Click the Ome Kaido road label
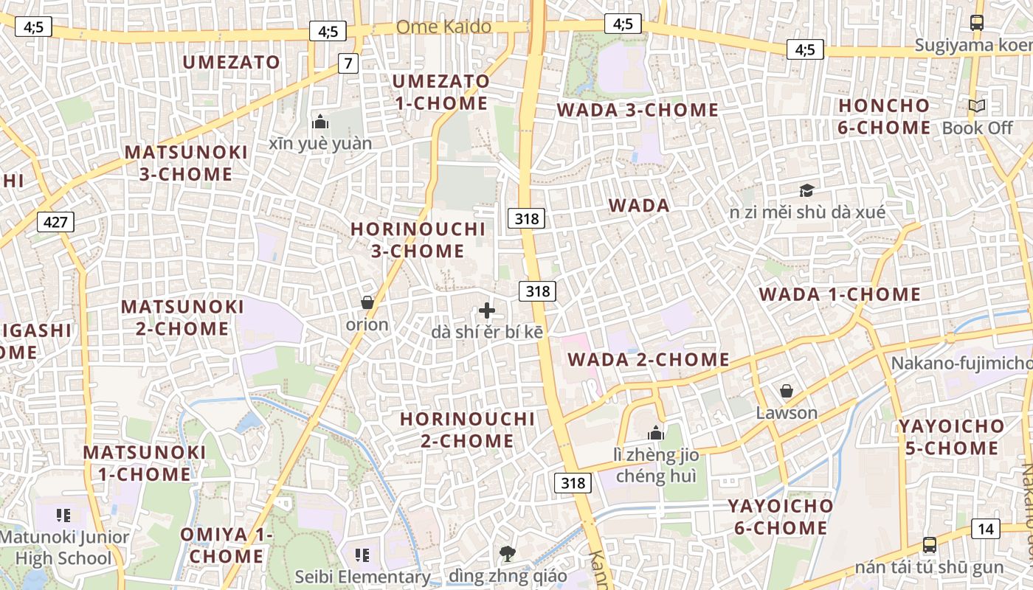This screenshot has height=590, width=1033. [x=443, y=27]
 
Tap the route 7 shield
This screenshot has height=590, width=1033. [x=348, y=63]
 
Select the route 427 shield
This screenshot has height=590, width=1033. [x=55, y=221]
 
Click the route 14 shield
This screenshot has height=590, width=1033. [x=986, y=528]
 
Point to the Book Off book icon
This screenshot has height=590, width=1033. [x=977, y=106]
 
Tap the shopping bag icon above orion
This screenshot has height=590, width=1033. [x=367, y=302]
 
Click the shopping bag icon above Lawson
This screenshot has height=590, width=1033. [x=787, y=390]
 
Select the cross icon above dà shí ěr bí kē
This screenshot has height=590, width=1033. [x=487, y=310]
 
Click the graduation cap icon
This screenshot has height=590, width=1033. [x=806, y=191]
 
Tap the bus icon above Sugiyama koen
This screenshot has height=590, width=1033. [x=977, y=23]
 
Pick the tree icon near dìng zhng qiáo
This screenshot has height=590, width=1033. [x=507, y=553]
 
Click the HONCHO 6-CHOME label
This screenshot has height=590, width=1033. [x=884, y=117]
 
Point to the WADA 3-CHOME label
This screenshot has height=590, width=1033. [x=638, y=110]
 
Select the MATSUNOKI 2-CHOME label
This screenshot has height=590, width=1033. [x=182, y=317]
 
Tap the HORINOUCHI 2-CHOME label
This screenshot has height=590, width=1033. [x=467, y=430]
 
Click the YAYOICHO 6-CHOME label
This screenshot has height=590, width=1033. [x=781, y=517]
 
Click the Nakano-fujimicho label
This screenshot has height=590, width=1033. [x=961, y=363]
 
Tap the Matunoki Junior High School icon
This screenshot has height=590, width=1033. [x=63, y=515]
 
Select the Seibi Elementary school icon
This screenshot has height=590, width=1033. [x=362, y=554]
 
